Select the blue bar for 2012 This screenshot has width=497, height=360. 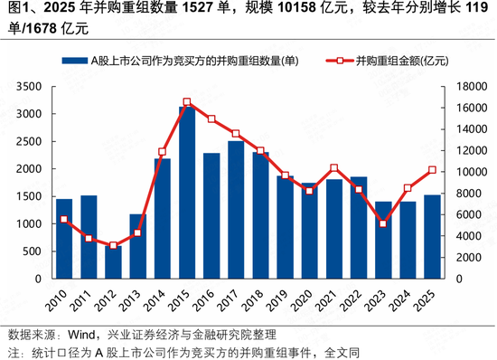point(113,262)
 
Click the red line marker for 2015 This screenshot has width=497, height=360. point(187,102)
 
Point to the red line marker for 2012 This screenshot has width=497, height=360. point(113,245)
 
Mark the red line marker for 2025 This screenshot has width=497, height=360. point(432,170)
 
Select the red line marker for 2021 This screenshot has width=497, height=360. point(334,168)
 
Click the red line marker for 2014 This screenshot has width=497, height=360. point(163,152)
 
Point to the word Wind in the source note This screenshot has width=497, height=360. point(83,335)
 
